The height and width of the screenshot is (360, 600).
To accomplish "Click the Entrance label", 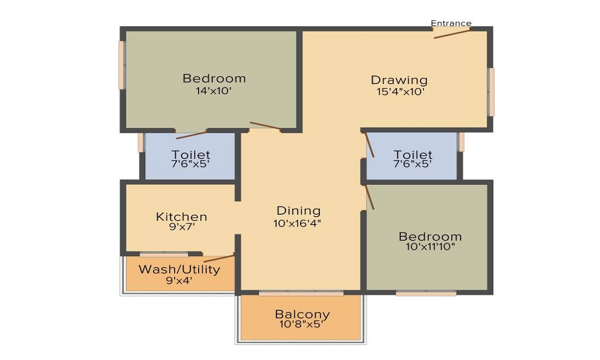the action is pyautogui.click(x=451, y=23).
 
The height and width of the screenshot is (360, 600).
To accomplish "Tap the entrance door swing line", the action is pyautogui.click(x=452, y=34).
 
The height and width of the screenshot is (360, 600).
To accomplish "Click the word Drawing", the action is pyautogui.click(x=399, y=80).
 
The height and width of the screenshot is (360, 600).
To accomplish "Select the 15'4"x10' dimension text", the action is pyautogui.click(x=400, y=92).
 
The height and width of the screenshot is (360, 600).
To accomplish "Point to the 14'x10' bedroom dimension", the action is pyautogui.click(x=214, y=91).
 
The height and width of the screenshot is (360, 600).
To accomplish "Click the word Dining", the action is pyautogui.click(x=298, y=211).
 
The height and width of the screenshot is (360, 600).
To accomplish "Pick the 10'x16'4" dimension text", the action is pyautogui.click(x=297, y=223).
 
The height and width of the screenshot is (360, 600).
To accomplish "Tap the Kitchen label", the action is pyautogui.click(x=181, y=217).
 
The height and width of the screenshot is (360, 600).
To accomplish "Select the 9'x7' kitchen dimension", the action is pyautogui.click(x=182, y=226).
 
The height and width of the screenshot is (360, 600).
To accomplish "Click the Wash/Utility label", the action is pyautogui.click(x=179, y=269).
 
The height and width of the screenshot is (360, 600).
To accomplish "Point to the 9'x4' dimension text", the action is pyautogui.click(x=179, y=280).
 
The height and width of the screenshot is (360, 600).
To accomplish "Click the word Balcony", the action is pyautogui.click(x=302, y=314).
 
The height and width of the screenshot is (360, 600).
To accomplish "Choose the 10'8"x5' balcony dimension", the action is pyautogui.click(x=302, y=325).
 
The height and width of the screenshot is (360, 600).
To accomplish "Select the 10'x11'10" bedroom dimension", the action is pyautogui.click(x=430, y=247).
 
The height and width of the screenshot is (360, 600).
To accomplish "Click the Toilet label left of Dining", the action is pyautogui.click(x=191, y=155).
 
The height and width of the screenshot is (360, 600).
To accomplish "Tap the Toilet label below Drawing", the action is pyautogui.click(x=413, y=155).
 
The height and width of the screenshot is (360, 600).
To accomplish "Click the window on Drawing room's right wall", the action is pyautogui.click(x=491, y=92).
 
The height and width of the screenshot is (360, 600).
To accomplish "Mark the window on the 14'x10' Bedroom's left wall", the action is pyautogui.click(x=122, y=65).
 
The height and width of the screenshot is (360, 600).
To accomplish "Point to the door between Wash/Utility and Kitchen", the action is pyautogui.click(x=218, y=258).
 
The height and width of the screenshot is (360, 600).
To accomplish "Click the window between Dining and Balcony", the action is pyautogui.click(x=301, y=293).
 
